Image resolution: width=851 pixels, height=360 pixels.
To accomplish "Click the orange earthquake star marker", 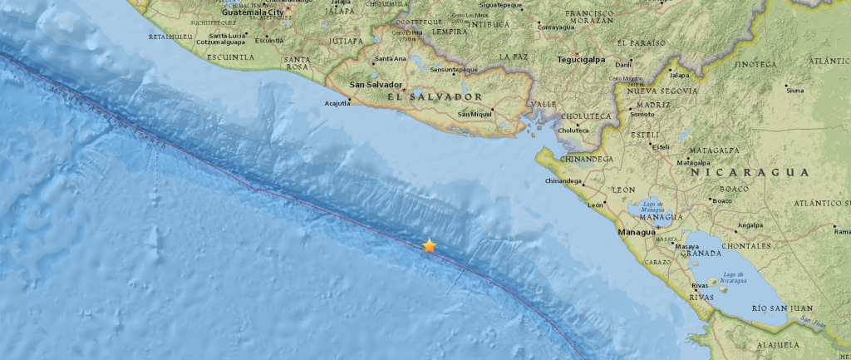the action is [x=429, y=246].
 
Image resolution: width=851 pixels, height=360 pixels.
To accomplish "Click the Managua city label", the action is [x=637, y=232].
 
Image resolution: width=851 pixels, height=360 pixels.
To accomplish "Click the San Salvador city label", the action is [x=376, y=85].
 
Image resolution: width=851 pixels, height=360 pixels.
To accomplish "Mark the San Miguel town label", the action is [x=475, y=114].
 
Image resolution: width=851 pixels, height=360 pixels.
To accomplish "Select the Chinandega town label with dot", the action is [x=564, y=180].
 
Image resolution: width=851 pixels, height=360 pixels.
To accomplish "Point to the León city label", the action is [x=596, y=205].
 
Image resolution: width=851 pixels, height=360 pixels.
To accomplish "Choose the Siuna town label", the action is [x=794, y=90].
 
